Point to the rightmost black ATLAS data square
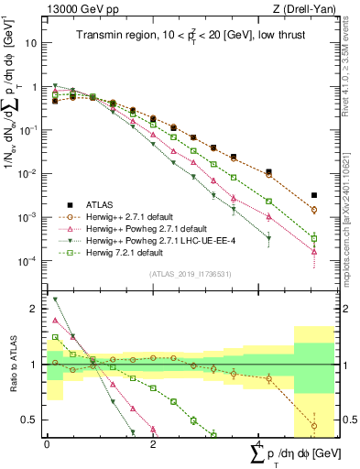tap(314, 195)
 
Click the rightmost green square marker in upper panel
tap(314, 238)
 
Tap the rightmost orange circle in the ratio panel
tap(314, 426)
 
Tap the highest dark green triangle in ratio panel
tap(55, 300)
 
